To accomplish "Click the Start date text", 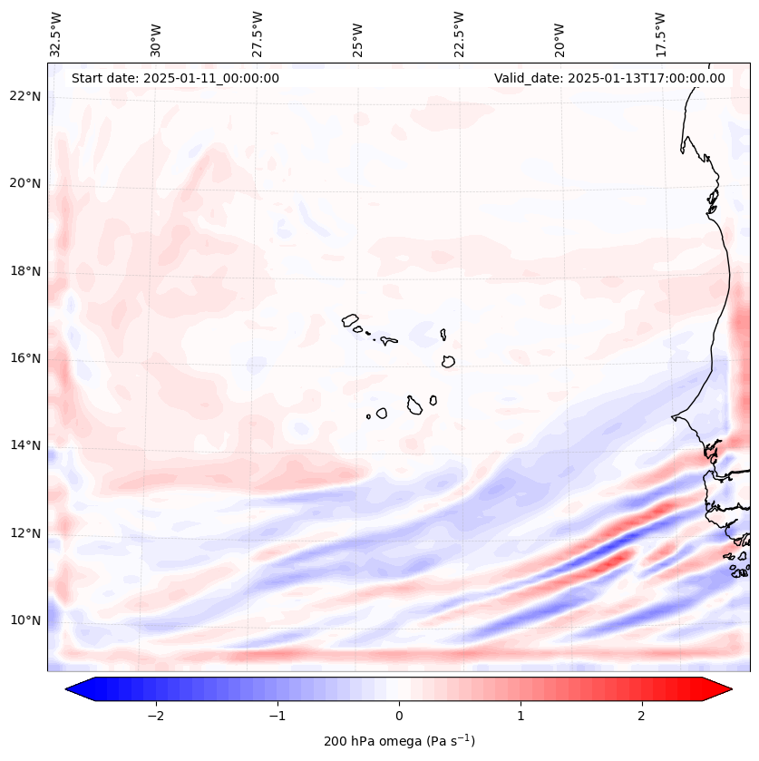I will (x=175, y=78).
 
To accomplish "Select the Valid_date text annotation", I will (x=609, y=78).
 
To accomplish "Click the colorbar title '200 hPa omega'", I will (x=399, y=741).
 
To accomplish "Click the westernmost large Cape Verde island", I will (x=350, y=320).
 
